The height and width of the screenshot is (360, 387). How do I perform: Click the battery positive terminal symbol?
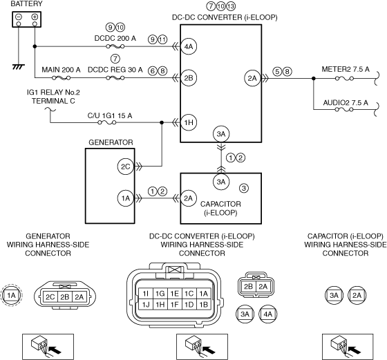tap(35, 17)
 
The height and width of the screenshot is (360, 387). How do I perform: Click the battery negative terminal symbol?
tap(19, 17)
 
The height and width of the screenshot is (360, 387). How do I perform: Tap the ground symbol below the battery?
tap(19, 66)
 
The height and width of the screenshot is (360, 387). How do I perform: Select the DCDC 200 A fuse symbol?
tap(115, 46)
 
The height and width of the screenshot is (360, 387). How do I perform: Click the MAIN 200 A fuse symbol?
tap(62, 78)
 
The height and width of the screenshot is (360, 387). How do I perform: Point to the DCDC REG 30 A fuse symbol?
tap(115, 78)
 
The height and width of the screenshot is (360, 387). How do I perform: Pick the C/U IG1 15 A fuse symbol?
tap(107, 122)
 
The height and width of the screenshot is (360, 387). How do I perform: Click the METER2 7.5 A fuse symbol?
tap(344, 79)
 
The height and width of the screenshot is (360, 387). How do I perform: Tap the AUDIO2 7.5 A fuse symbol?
tap(344, 109)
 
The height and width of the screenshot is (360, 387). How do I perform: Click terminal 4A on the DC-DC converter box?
tap(189, 46)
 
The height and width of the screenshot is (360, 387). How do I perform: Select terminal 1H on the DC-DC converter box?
tap(189, 122)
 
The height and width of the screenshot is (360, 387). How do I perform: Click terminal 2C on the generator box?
tap(125, 167)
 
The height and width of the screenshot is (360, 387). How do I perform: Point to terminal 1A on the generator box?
tap(125, 198)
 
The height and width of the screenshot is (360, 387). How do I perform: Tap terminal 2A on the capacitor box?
tap(189, 198)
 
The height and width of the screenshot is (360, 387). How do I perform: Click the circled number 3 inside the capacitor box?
tap(244, 188)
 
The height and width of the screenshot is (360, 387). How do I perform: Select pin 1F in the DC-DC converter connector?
tap(174, 305)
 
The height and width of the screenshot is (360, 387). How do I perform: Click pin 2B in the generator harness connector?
tap(65, 297)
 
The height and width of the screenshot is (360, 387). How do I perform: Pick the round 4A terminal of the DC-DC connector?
tap(268, 314)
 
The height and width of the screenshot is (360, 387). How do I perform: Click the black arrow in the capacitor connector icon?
tap(354, 350)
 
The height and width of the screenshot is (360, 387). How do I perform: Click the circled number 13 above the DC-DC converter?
tap(231, 6)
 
